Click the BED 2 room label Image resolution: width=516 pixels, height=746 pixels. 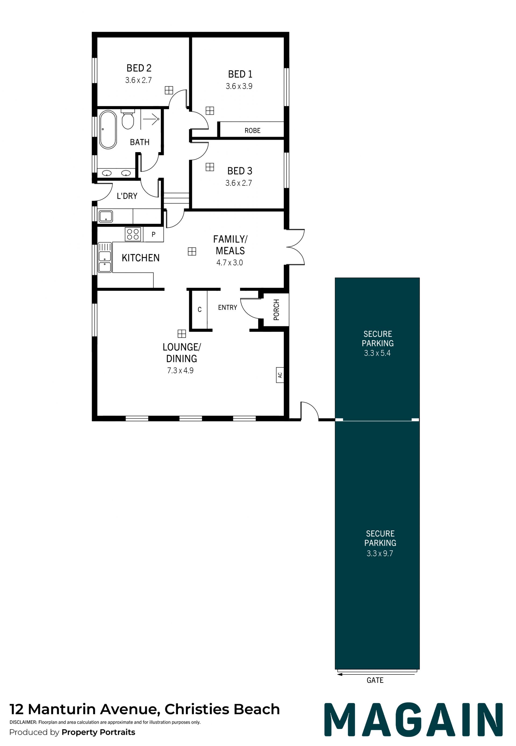click(139, 68)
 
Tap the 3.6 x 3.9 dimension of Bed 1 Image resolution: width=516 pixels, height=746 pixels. click(239, 86)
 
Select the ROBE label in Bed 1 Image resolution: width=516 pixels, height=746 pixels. click(253, 131)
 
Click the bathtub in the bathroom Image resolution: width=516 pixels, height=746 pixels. click(108, 130)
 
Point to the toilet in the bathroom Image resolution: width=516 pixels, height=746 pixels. click(128, 119)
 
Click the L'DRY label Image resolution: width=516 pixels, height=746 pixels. click(127, 196)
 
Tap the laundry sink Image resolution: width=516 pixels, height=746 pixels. click(106, 216)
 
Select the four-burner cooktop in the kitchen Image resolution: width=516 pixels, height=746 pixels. click(133, 234)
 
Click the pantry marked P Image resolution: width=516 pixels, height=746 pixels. click(153, 234)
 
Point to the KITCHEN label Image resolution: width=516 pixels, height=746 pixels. click(141, 258)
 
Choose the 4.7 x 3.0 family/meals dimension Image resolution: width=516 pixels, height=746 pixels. click(230, 263)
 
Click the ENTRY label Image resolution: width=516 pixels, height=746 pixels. click(228, 308)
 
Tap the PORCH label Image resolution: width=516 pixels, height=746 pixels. click(277, 310)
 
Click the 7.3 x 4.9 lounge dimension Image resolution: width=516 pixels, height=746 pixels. click(180, 371)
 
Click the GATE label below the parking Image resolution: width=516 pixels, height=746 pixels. click(375, 680)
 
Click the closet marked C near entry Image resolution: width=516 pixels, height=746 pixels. click(199, 310)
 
